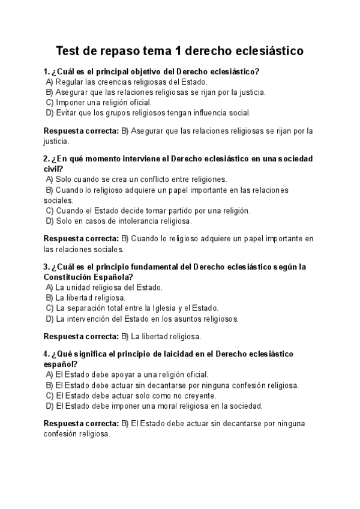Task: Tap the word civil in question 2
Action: click(52, 169)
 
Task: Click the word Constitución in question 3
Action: click(67, 277)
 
